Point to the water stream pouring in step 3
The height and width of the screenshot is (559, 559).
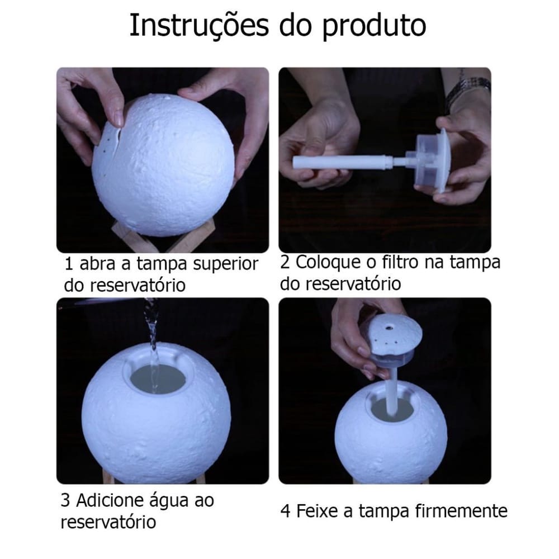click(x=151, y=333)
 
